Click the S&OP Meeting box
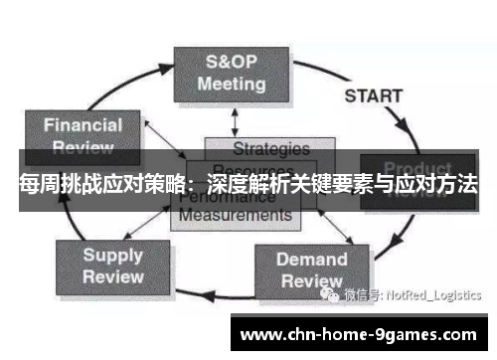point(231,73)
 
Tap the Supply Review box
point(112,265)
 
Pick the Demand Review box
point(311,270)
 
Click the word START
point(373,96)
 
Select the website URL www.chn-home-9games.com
point(359,332)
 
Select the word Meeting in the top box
point(231,84)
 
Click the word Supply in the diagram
point(112,254)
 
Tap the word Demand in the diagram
point(311,260)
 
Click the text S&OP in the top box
point(231,61)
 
